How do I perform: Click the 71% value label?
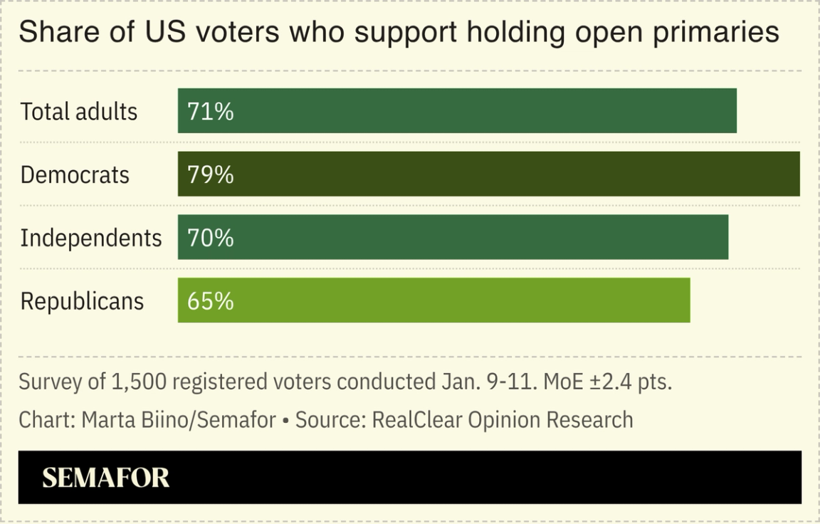point(210,112)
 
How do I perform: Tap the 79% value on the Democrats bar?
point(210,174)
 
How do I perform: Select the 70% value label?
point(210,238)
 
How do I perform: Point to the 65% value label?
point(210,301)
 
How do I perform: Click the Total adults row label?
point(78,112)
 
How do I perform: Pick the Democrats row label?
point(75,174)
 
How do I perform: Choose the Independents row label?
point(91,238)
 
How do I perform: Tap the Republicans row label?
point(82,301)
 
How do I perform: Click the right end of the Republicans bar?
point(688,300)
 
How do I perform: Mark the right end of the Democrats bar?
point(797,174)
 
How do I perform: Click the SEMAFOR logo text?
point(106,478)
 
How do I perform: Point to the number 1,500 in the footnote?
point(139,382)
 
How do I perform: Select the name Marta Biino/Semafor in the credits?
point(178,419)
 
